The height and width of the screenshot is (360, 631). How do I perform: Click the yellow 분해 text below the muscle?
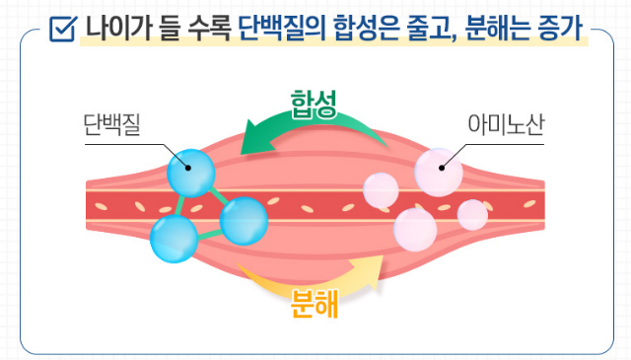[315, 303]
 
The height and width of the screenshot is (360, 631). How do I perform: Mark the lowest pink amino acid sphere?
[415, 228]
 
